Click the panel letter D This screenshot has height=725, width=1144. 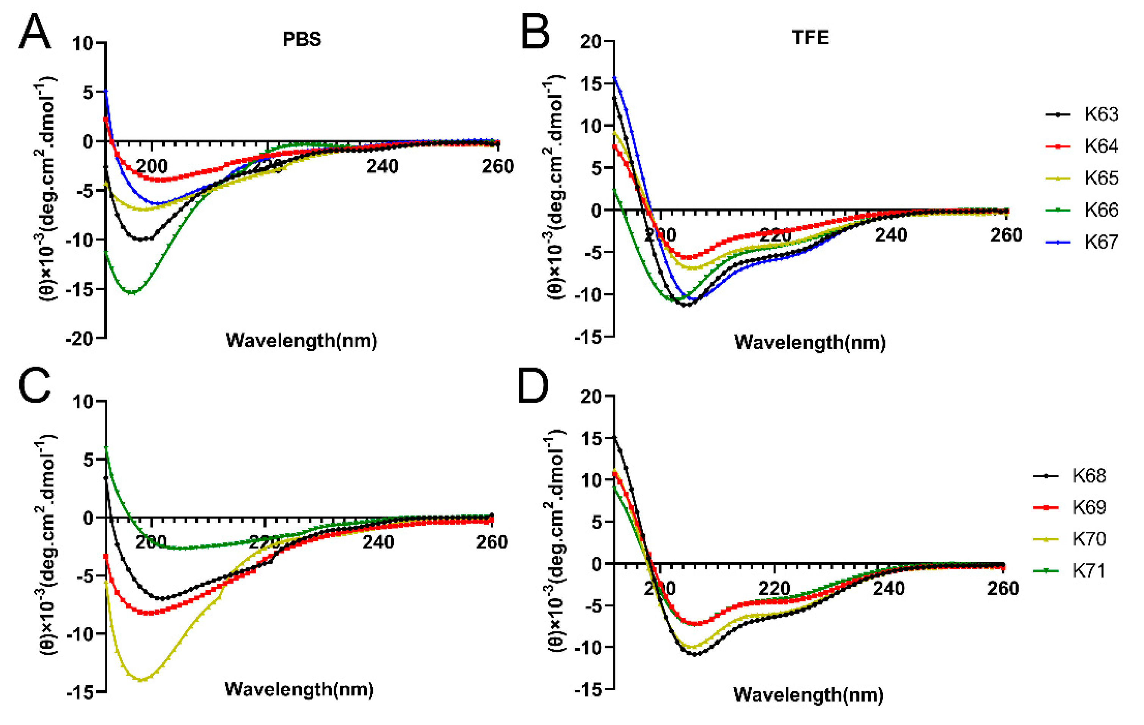tap(533, 387)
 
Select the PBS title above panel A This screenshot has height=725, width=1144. tap(302, 39)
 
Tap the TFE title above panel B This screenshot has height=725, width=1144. tap(810, 37)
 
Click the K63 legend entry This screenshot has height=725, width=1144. tap(1101, 114)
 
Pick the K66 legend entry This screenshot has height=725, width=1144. tap(1101, 210)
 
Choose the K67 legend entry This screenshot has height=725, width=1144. tap(1101, 242)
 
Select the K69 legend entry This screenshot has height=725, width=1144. tap(1089, 508)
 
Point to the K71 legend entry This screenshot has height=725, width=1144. tap(1089, 571)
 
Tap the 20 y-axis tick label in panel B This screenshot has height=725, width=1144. tap(591, 42)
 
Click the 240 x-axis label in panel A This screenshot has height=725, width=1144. tap(382, 166)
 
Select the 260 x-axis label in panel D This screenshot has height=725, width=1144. tap(1003, 589)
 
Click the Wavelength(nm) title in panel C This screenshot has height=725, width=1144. tap(299, 689)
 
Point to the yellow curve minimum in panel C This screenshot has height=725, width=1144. tap(141, 680)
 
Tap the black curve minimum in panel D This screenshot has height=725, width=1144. tap(696, 654)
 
